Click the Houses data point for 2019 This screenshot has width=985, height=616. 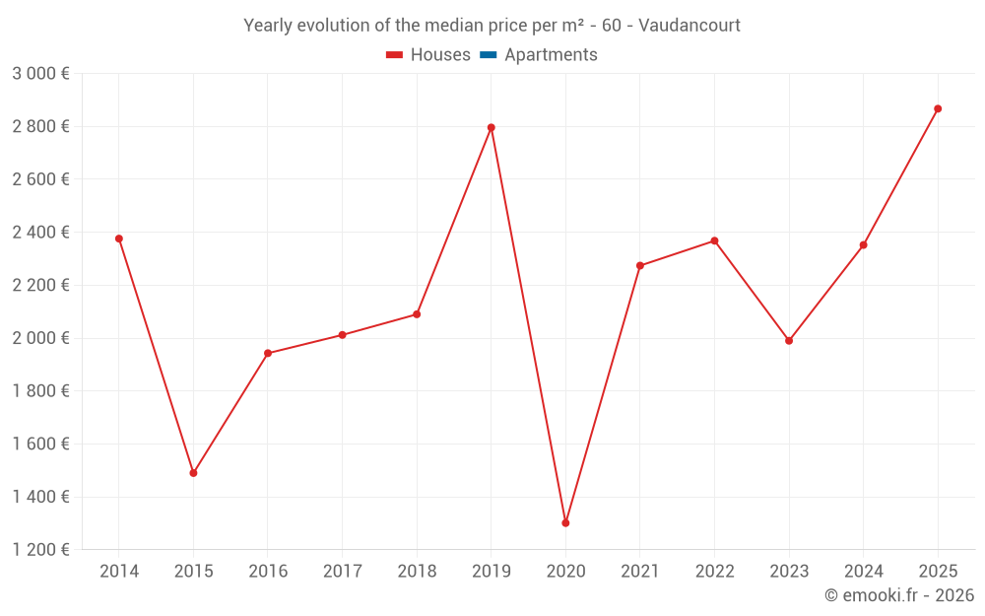(x=491, y=127)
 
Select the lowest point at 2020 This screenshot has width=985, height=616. (x=565, y=523)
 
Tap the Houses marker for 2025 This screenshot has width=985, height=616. (x=938, y=108)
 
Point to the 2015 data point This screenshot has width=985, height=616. (x=193, y=473)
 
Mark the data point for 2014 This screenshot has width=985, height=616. (x=119, y=239)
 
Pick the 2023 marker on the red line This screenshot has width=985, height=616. (x=789, y=341)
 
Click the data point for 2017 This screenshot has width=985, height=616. (x=342, y=335)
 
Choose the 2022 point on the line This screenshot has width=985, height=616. (x=714, y=240)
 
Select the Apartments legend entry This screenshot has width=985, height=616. (x=551, y=55)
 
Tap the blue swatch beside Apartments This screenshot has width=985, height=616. (x=487, y=55)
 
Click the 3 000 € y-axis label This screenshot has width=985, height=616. (x=40, y=73)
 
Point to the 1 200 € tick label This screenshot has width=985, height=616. (x=40, y=550)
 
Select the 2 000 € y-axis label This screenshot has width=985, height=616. (x=40, y=338)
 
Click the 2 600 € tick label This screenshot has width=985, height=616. (x=40, y=179)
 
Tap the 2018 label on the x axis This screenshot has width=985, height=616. (x=417, y=572)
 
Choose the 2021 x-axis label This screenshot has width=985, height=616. (x=639, y=572)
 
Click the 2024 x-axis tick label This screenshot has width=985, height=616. (x=863, y=572)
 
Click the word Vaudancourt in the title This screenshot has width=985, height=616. (x=689, y=26)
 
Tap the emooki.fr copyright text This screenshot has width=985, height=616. (x=899, y=595)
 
